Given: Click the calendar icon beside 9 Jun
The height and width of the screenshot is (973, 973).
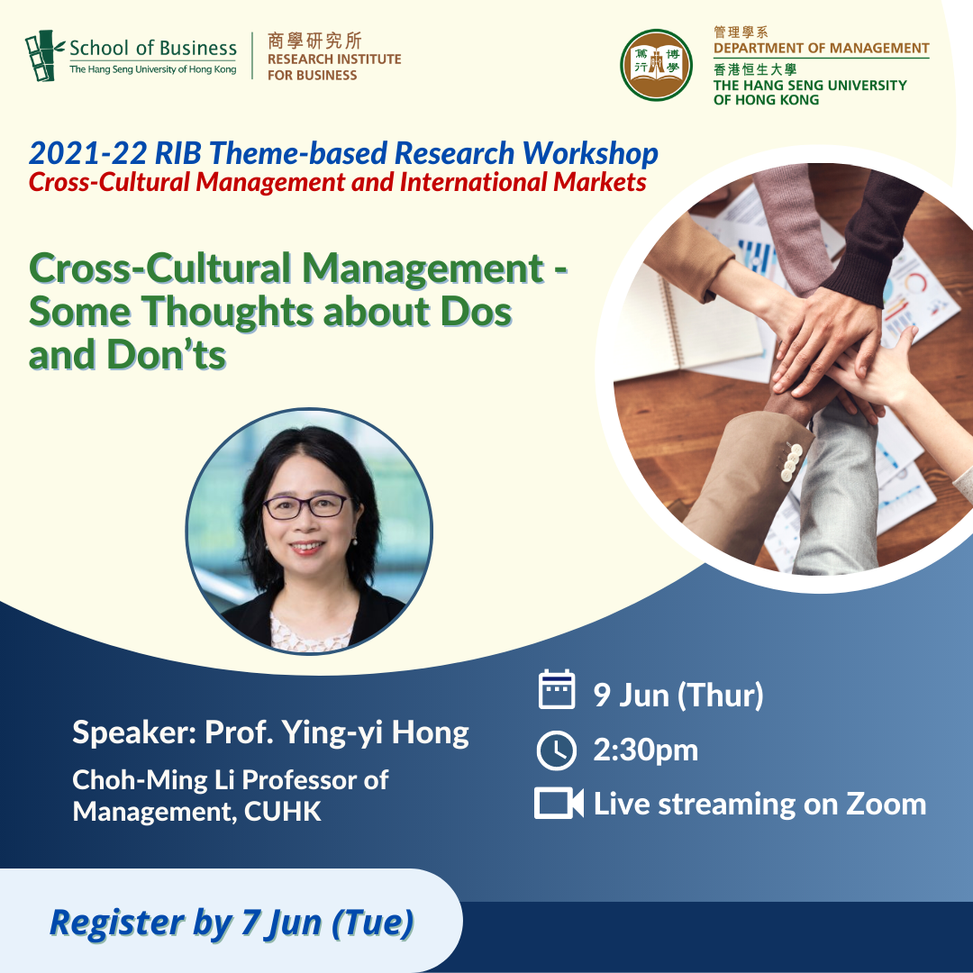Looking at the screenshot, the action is pyautogui.click(x=557, y=689).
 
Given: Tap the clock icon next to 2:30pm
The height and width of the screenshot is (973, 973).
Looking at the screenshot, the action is pyautogui.click(x=556, y=750).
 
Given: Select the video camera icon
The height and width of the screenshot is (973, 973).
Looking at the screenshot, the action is pyautogui.click(x=559, y=804).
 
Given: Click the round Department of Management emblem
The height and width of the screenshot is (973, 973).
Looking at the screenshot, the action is pyautogui.click(x=656, y=65).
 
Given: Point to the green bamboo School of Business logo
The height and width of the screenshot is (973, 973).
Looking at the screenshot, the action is pyautogui.click(x=44, y=56).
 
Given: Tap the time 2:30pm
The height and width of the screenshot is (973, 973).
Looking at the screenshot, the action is pyautogui.click(x=645, y=750).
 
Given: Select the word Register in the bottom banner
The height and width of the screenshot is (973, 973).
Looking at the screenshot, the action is pyautogui.click(x=116, y=923).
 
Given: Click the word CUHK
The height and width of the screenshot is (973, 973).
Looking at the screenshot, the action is pyautogui.click(x=282, y=812).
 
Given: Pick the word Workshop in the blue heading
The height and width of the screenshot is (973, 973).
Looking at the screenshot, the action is pyautogui.click(x=590, y=154).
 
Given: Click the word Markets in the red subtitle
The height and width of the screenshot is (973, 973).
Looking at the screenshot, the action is pyautogui.click(x=599, y=182).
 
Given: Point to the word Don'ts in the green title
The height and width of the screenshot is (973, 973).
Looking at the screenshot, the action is pyautogui.click(x=167, y=355).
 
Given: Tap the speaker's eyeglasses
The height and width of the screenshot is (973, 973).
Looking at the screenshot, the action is pyautogui.click(x=306, y=505).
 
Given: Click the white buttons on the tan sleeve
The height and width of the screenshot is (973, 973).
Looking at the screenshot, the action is pyautogui.click(x=791, y=461).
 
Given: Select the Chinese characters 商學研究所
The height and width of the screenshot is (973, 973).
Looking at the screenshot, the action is pyautogui.click(x=314, y=41).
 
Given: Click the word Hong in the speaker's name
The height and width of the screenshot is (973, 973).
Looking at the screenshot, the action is pyautogui.click(x=430, y=732).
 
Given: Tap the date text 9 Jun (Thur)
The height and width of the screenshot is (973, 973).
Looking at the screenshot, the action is pyautogui.click(x=678, y=695).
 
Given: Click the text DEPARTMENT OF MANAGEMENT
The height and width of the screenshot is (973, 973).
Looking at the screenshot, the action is pyautogui.click(x=821, y=48).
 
